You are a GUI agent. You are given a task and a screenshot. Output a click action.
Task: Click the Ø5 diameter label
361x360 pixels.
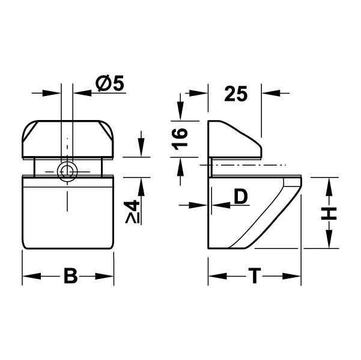coord(109,85)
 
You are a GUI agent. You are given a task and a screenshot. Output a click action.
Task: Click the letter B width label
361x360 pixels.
coord(70,277)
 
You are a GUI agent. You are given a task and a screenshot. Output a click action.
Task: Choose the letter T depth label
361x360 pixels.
coord(255,277)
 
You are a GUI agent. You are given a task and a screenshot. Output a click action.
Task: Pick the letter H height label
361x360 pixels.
coord(330,213)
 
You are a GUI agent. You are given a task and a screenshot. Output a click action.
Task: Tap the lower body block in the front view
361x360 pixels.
coord(67,213)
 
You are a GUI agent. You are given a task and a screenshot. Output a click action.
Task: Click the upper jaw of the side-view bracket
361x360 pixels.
coord(234,139)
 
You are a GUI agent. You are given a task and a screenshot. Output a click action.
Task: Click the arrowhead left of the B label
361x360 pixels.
coord(30,277)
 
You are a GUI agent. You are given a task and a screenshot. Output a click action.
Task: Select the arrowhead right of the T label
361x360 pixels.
coord(293,277)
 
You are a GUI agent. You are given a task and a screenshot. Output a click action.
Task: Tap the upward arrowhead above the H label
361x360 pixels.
coord(330,185)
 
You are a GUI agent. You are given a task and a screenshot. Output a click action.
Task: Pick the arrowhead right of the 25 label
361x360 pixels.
coord(270,93)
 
